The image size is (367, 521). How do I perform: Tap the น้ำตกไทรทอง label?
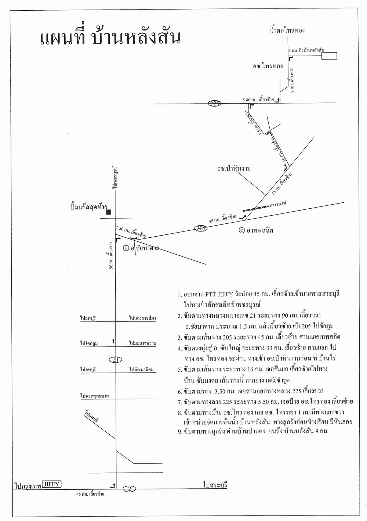(x=287, y=30)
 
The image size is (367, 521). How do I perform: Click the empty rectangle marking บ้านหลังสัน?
(x=329, y=56)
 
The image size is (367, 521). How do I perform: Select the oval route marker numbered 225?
(x=214, y=103)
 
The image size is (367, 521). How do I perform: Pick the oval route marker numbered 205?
(x=201, y=228)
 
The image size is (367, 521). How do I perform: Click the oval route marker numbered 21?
(x=116, y=359)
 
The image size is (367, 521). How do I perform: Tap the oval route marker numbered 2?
(x=130, y=488)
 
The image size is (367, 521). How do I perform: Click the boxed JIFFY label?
(x=51, y=484)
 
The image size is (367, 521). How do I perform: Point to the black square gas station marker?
(x=109, y=212)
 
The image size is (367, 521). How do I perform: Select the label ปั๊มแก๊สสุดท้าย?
(x=87, y=207)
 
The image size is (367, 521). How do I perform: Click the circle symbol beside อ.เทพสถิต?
(x=241, y=230)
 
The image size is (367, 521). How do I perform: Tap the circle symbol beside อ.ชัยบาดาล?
(x=126, y=248)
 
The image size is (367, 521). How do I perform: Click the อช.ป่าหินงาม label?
(x=233, y=169)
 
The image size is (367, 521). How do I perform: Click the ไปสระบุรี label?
(x=215, y=485)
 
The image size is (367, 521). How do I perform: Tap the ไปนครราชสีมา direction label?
(x=142, y=318)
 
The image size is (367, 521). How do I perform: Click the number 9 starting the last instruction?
(x=180, y=432)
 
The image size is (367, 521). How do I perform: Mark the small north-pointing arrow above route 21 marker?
(x=114, y=341)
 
